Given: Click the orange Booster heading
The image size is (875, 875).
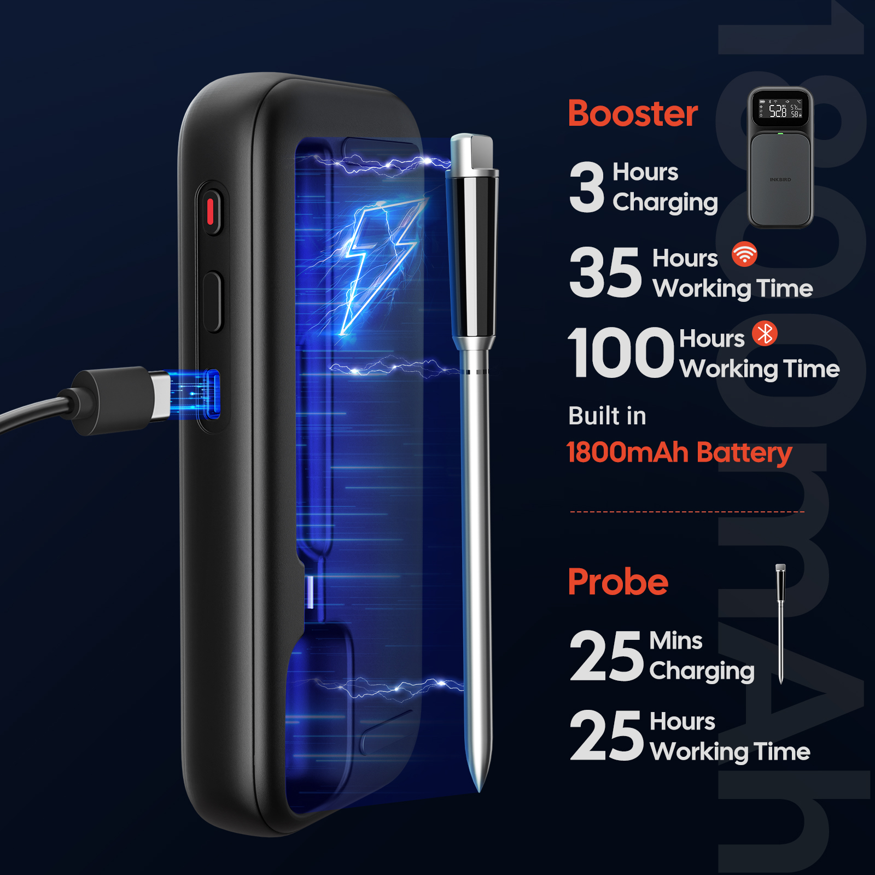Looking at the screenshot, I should pos(633,114).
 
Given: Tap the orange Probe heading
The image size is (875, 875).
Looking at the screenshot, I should pos(618,582).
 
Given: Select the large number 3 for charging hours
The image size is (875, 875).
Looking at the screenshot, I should pos(587,187).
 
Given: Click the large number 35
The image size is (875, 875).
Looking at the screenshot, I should pos(605,272).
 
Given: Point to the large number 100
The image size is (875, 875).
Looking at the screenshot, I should pos(621,352).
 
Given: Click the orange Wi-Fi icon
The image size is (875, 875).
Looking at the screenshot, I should pos(744,254).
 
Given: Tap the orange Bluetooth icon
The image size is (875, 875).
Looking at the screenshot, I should pos(765,333).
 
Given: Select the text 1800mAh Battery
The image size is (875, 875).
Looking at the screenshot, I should pos(679,453).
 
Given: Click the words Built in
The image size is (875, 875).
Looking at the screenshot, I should pos(607,416).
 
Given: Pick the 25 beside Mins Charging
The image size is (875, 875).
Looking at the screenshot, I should pos(606,655).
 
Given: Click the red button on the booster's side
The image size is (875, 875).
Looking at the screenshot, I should pos(210,212).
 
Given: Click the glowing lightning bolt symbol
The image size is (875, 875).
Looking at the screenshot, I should pos(377,262).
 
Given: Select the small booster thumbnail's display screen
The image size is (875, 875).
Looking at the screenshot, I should pos(780,108).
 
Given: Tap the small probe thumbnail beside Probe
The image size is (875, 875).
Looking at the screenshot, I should pos(781,623).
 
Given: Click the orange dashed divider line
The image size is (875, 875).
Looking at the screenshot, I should pos(687,512).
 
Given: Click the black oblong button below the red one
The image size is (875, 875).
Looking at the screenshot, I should pos(212,301).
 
